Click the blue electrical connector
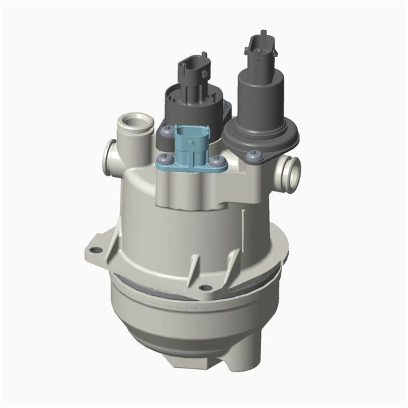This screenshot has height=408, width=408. tap(191, 146)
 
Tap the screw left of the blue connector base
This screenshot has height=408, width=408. tap(164, 159)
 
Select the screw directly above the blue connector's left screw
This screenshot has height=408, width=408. tap(166, 130)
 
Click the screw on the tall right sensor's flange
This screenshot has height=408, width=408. tap(253, 154)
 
